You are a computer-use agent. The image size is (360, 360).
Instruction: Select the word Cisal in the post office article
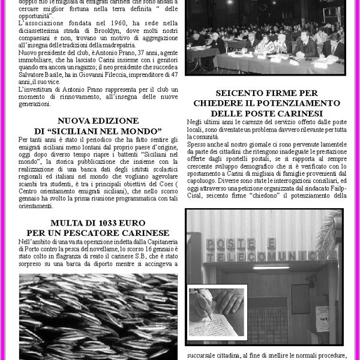coord(197,194)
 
